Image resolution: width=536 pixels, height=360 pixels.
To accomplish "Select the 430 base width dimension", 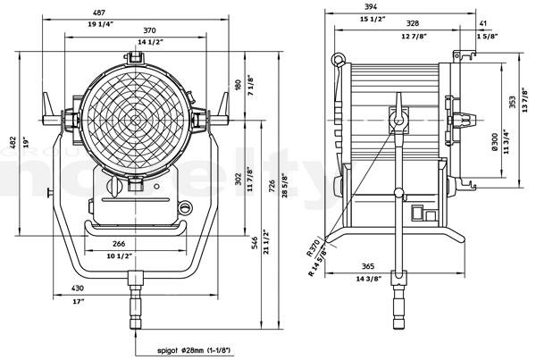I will click(x=78, y=289).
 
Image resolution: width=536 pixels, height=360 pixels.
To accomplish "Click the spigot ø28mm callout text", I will click(x=193, y=351).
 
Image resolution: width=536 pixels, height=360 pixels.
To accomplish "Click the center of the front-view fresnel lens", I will click(x=136, y=117).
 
